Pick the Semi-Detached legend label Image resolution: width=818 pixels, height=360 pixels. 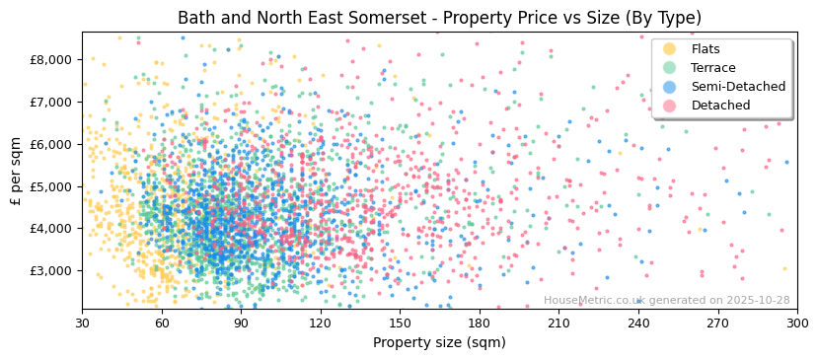pyautogui.click(x=738, y=87)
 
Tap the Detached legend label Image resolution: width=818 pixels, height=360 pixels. pyautogui.click(x=721, y=106)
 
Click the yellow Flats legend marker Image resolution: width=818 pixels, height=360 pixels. pyautogui.click(x=670, y=49)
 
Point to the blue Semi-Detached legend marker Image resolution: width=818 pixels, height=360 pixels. pyautogui.click(x=670, y=87)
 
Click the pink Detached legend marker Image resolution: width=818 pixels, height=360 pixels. pyautogui.click(x=670, y=106)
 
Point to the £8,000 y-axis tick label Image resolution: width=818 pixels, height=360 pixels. pyautogui.click(x=52, y=59)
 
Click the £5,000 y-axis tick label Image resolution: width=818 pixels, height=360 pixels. pyautogui.click(x=52, y=186)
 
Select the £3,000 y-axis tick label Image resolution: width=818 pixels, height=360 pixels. pyautogui.click(x=52, y=270)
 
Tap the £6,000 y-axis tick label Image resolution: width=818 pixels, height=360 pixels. pyautogui.click(x=52, y=144)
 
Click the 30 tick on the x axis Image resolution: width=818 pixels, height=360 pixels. pyautogui.click(x=82, y=323)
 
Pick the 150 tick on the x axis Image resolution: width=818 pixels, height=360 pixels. pyautogui.click(x=400, y=323)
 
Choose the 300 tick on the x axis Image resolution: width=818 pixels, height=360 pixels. pyautogui.click(x=796, y=323)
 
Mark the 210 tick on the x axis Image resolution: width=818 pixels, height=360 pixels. pyautogui.click(x=558, y=323)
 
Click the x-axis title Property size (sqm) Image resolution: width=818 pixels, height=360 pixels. pyautogui.click(x=439, y=342)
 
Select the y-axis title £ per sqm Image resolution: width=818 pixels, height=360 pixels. pyautogui.click(x=16, y=172)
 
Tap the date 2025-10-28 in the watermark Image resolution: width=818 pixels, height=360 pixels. pyautogui.click(x=758, y=301)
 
